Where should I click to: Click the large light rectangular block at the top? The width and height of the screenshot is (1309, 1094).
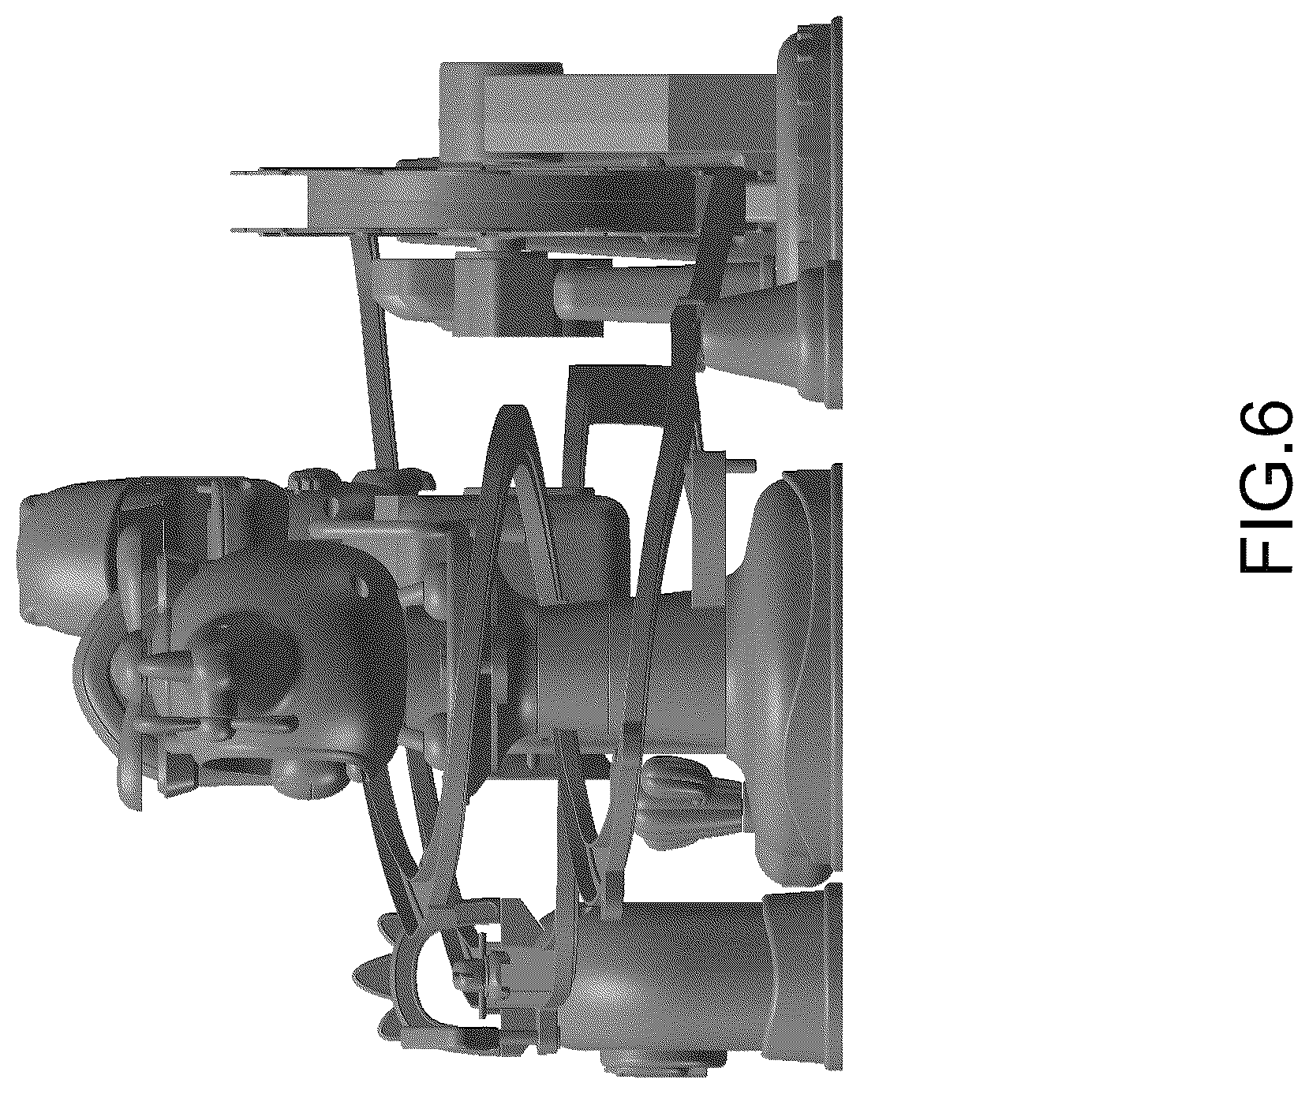pos(608,110)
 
